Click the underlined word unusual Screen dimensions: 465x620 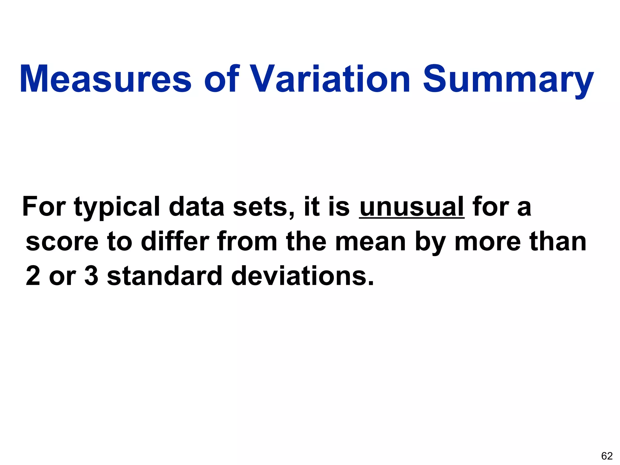[412, 207]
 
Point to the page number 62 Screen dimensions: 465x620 [607, 456]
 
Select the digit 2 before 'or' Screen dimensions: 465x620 [33, 275]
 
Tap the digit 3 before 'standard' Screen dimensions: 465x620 [91, 275]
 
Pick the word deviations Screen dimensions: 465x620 [302, 275]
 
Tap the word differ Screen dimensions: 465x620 [175, 241]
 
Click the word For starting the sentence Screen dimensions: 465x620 [44, 207]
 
